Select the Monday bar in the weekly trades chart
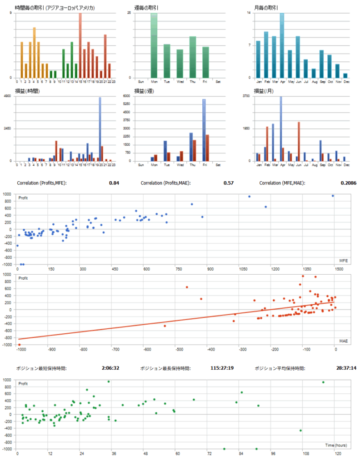pos(154,45)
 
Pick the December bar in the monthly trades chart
pos(345,75)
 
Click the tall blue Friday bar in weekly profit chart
pos(204,130)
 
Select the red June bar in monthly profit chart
pos(299,141)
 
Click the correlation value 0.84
pos(114,183)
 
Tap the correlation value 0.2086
pos(349,183)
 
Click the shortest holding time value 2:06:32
pos(111,368)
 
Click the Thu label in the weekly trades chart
pos(192,82)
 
